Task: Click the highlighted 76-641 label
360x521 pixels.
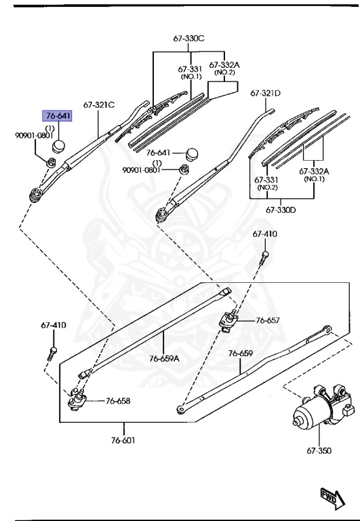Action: tap(58, 116)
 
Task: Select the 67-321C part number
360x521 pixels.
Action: tap(99, 104)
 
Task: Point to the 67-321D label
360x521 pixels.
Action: tap(266, 93)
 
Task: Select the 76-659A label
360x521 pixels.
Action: tap(164, 358)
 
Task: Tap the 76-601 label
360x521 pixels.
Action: tap(124, 440)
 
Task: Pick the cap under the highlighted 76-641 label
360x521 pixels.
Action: tap(60, 144)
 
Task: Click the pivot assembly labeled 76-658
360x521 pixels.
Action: tap(76, 401)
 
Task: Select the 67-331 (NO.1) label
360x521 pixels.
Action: tap(191, 73)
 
